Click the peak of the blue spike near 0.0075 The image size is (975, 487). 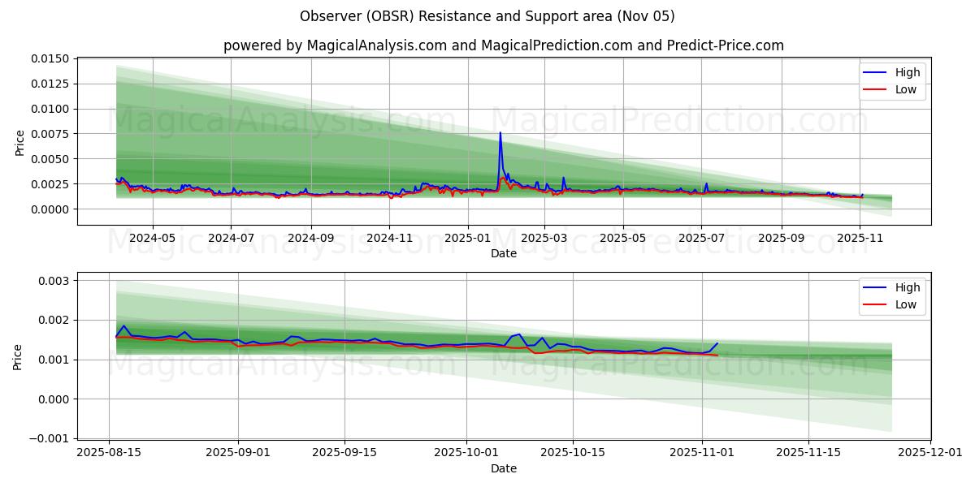[500, 132]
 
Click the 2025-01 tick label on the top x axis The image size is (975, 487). [467, 239]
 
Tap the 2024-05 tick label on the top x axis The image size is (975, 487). [153, 239]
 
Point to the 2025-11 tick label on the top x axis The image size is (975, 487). [860, 239]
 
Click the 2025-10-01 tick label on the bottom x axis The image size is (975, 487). [466, 453]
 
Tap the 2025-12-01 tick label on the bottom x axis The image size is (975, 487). [929, 453]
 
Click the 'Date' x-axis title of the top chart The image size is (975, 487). [503, 253]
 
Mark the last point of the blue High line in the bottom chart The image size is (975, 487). [717, 343]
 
